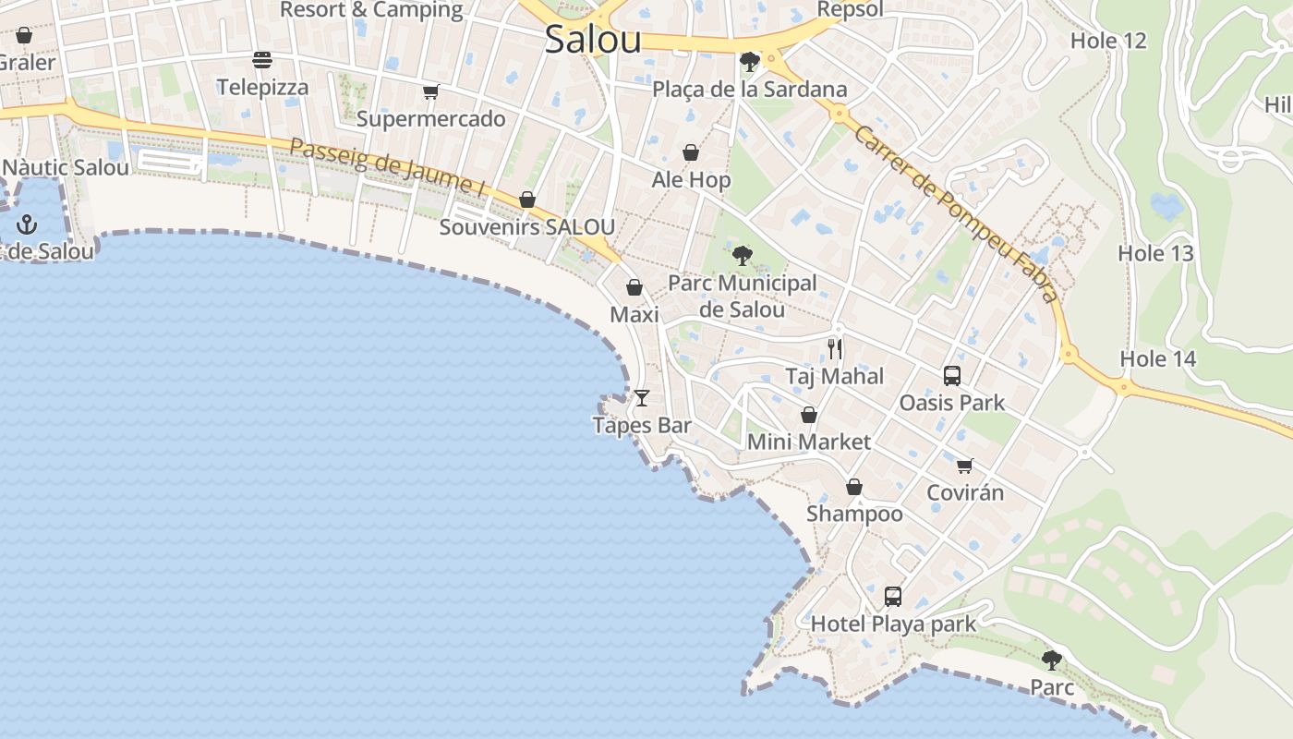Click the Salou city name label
[x=592, y=40]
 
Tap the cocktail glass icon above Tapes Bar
[x=642, y=398]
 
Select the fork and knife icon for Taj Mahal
[x=835, y=348]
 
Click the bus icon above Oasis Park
[x=952, y=376]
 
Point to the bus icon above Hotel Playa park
[x=892, y=596]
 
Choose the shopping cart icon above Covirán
[x=964, y=466]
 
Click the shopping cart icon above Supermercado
[x=430, y=91]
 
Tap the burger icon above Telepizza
[x=262, y=61]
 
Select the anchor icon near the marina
[x=27, y=224]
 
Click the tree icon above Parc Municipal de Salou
[x=742, y=256]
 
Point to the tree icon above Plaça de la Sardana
[x=749, y=62]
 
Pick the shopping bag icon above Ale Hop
[x=691, y=152]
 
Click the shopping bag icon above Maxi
[x=634, y=287]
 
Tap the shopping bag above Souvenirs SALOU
[x=526, y=200]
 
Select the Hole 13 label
[x=1155, y=253]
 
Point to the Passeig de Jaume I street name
[x=387, y=166]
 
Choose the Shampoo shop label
[x=854, y=514]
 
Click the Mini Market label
[x=808, y=442]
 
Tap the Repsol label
[x=850, y=10]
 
